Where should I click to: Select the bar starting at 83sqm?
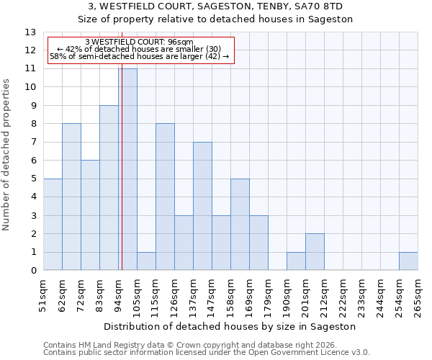[109, 188]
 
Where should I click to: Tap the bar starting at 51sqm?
[53, 225]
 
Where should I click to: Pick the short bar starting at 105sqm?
[146, 261]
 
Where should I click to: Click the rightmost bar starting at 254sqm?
[408, 261]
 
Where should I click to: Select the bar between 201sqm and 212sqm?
[315, 252]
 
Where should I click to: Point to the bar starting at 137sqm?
[202, 206]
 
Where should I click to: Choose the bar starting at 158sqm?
[240, 225]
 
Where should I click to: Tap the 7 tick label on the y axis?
[33, 143]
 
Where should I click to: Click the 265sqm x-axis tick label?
[418, 296]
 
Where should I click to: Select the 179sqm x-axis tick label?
[268, 296]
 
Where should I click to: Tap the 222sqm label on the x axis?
[343, 296]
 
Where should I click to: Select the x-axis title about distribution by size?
[230, 326]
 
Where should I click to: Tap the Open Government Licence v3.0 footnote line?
[207, 353]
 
